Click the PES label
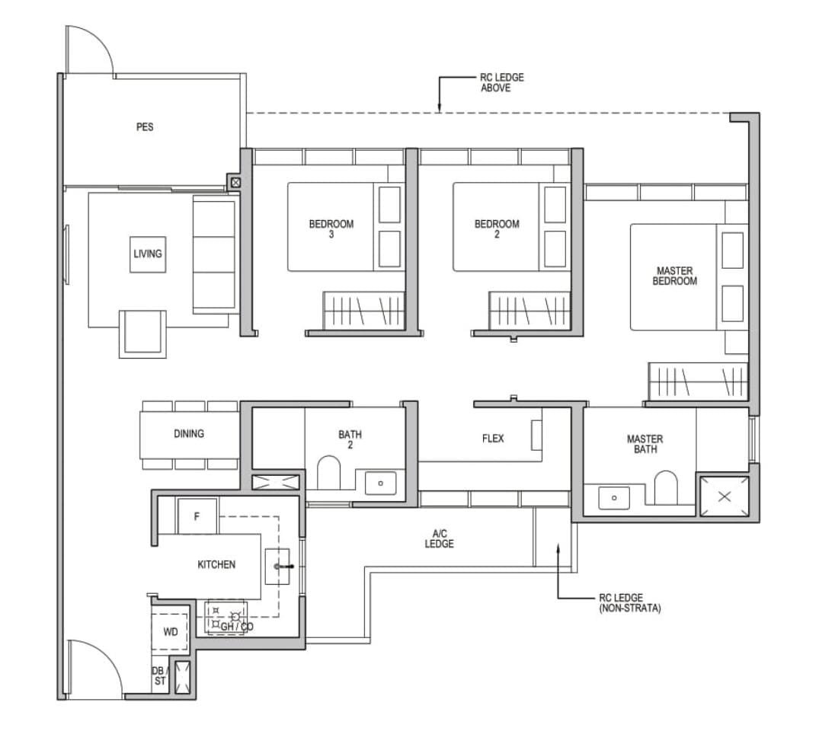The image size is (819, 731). point(145,127)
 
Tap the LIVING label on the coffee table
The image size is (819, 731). point(148,254)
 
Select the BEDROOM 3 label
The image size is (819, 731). point(331,229)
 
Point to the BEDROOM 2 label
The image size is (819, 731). point(497,229)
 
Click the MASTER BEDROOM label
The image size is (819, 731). point(675,276)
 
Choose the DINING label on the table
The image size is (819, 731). point(189,433)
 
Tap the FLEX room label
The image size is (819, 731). point(493,439)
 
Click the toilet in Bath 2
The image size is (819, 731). point(328,473)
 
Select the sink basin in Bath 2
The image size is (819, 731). point(380,483)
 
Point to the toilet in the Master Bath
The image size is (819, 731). point(665,487)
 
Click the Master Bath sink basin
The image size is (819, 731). point(614,497)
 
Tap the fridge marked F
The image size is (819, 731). point(197,516)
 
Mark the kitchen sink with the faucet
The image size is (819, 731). point(277,566)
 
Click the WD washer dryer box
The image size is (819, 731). point(171,632)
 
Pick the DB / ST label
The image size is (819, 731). point(158,676)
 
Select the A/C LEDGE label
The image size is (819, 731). point(440,539)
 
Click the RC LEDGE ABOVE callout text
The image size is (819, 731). point(502,82)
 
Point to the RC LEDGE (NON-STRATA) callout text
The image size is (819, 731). point(630,603)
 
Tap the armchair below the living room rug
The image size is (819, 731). point(142,334)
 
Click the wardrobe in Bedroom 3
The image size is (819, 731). point(365,311)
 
